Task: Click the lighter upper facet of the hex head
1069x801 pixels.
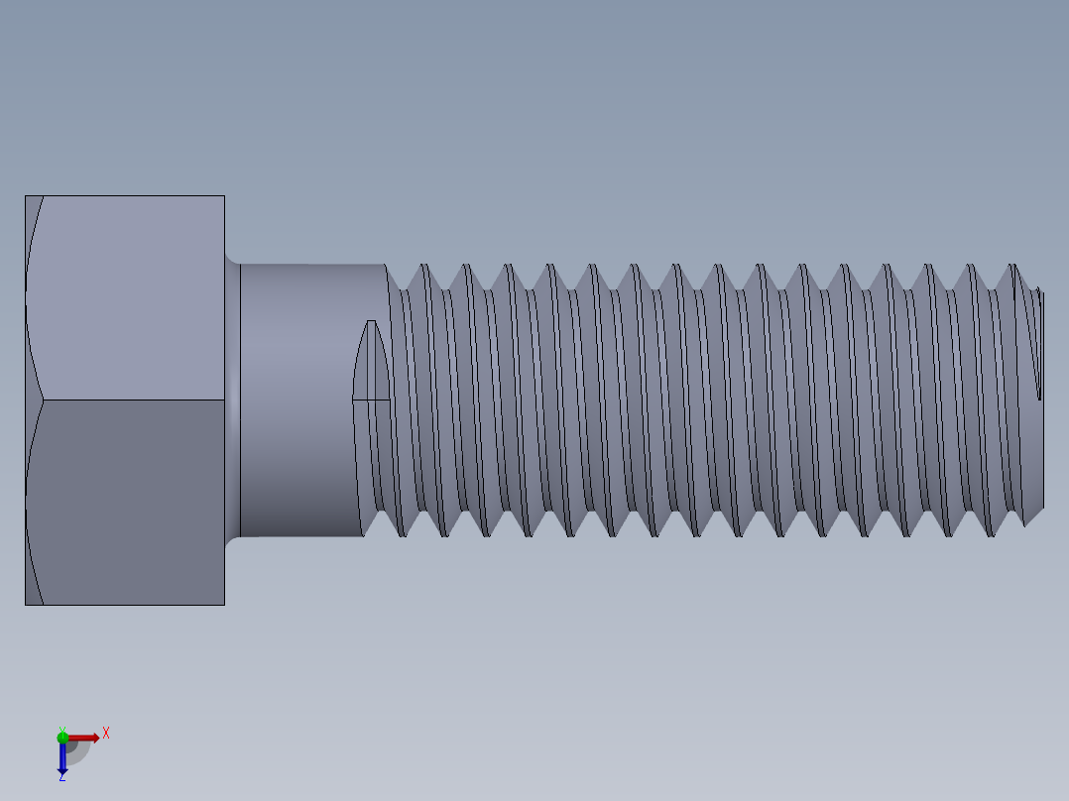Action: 129,297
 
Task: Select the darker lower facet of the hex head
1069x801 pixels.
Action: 129,502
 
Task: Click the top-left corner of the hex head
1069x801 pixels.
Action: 26,196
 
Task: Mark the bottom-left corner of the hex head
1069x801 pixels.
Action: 26,604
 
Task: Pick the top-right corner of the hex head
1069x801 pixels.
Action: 224,196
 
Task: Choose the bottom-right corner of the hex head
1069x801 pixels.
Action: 224,604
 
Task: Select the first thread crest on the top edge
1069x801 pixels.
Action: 423,266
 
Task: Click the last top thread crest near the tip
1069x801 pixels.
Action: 1012,266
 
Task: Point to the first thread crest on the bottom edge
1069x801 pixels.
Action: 403,535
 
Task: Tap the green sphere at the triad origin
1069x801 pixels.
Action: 62,737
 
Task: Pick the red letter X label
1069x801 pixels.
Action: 106,734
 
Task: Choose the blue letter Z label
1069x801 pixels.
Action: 61,778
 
